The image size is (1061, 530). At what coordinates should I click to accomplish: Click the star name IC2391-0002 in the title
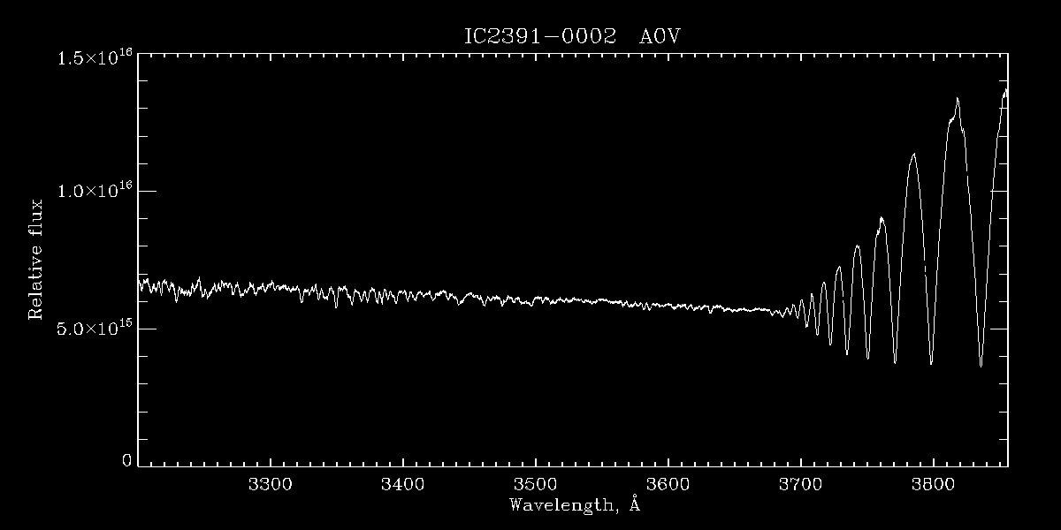click(x=539, y=37)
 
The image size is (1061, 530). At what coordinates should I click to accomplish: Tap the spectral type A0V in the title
click(x=659, y=37)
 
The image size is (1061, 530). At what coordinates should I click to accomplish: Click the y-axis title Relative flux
click(x=36, y=259)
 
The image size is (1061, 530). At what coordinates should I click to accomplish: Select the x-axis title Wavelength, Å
click(x=574, y=505)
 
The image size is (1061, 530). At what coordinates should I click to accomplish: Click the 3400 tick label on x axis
click(x=402, y=485)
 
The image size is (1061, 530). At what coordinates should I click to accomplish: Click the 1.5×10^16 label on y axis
click(x=95, y=58)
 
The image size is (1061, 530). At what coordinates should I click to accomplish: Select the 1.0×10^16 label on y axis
click(x=95, y=191)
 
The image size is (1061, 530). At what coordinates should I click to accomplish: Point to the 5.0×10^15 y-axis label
click(x=95, y=329)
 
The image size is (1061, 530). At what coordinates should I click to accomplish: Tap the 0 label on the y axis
click(x=126, y=460)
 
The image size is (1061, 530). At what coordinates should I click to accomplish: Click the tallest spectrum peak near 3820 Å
click(x=957, y=99)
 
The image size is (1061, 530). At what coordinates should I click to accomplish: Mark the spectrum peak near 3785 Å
click(x=913, y=154)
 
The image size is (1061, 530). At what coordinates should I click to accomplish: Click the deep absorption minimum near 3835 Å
click(x=981, y=366)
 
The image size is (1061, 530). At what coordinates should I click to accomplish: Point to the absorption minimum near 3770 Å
click(x=895, y=362)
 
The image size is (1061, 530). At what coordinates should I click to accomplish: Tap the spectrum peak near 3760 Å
click(x=881, y=217)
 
